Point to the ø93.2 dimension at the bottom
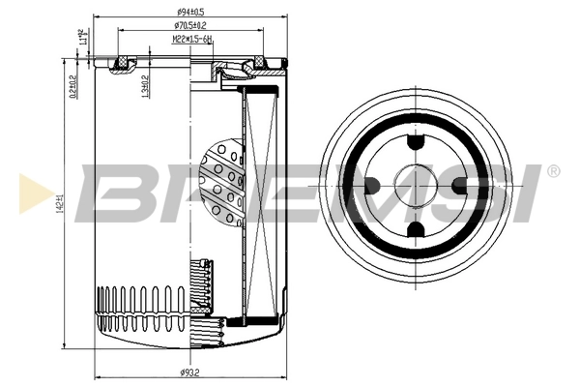189,372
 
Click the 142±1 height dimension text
59,206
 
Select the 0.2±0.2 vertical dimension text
73,86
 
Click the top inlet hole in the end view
417,142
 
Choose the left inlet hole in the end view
373,186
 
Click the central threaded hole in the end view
417,186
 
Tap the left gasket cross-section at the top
122,66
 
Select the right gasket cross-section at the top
258,66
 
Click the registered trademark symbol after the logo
553,171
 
